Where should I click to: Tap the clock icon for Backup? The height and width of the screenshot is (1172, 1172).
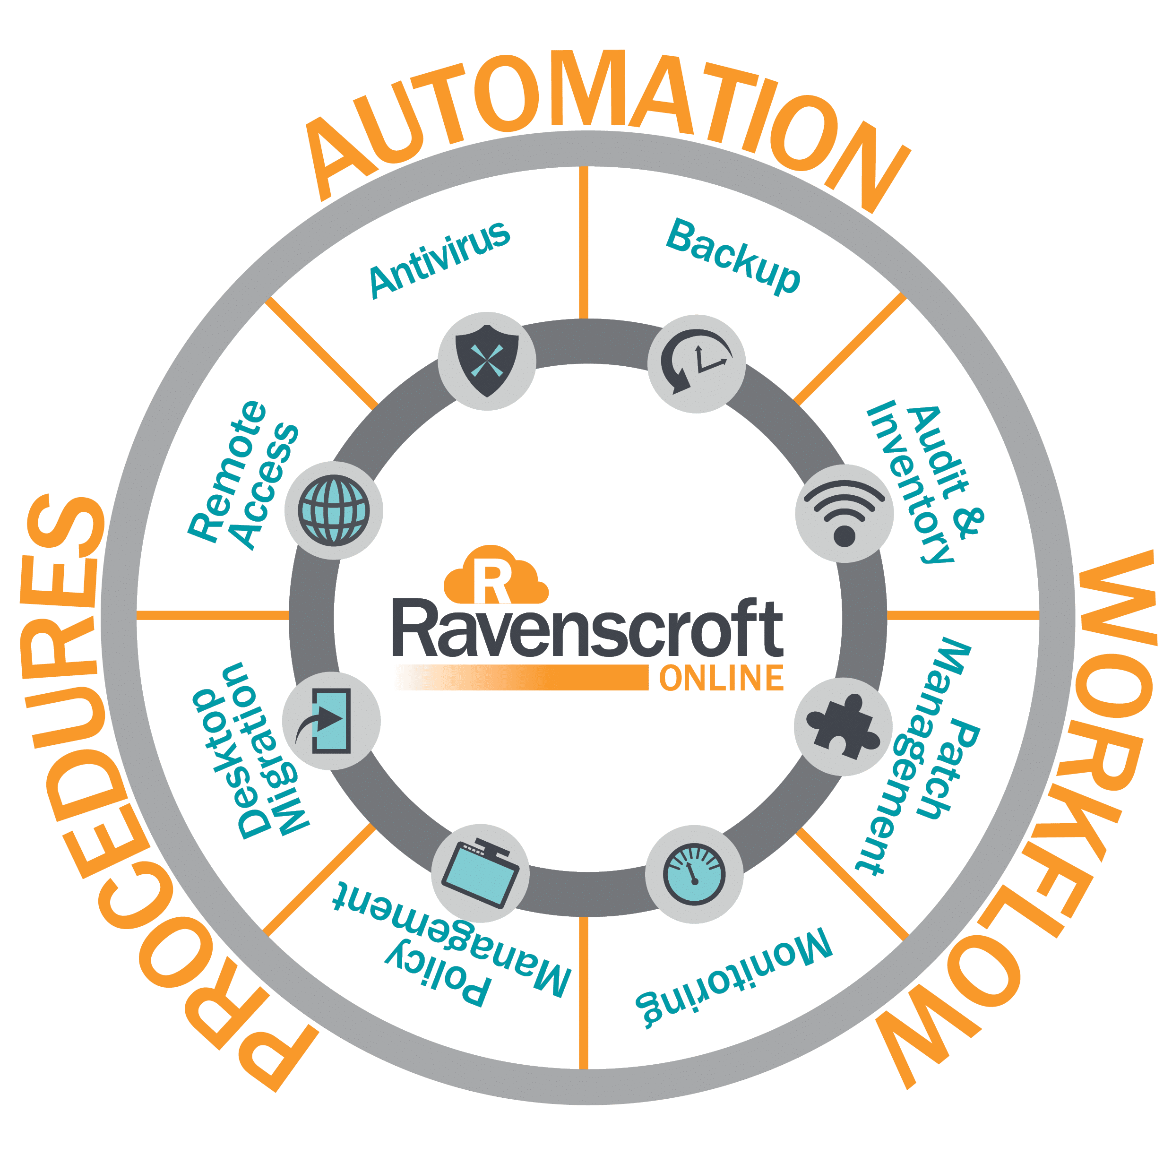tap(697, 364)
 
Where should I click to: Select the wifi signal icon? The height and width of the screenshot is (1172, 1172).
tap(844, 513)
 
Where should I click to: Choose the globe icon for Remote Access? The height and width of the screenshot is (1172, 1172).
tap(334, 510)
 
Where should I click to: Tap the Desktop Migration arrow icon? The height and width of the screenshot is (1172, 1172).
tap(331, 721)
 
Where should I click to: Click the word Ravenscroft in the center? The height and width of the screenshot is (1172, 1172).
tap(587, 629)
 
